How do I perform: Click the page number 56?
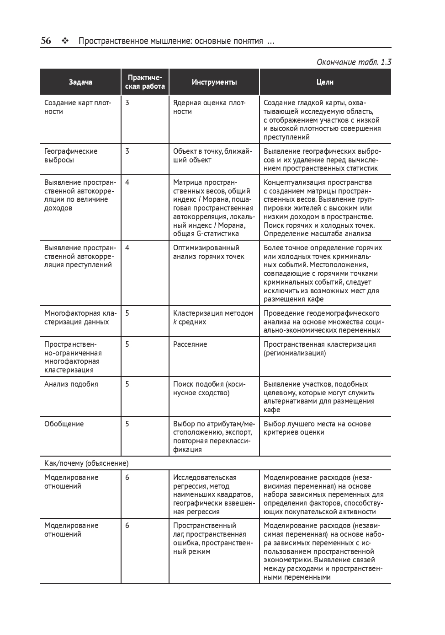tap(46, 41)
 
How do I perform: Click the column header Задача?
tap(80, 82)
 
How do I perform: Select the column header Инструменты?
tap(214, 82)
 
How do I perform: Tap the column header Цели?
tap(325, 82)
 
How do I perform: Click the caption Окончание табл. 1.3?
tap(354, 62)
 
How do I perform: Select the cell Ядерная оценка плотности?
tap(209, 107)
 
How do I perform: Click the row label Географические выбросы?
tap(71, 156)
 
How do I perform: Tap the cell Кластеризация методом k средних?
tap(213, 317)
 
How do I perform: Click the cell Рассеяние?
tap(190, 344)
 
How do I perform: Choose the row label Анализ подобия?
tap(71, 384)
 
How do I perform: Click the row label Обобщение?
tap(64, 424)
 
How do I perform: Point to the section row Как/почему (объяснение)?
tap(86, 463)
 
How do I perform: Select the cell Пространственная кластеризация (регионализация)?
tap(319, 349)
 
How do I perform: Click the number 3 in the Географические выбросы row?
tap(127, 151)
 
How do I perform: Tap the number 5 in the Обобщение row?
tap(127, 424)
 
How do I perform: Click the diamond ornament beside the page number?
tap(65, 41)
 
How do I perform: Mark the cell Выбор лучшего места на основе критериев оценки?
tap(317, 428)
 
